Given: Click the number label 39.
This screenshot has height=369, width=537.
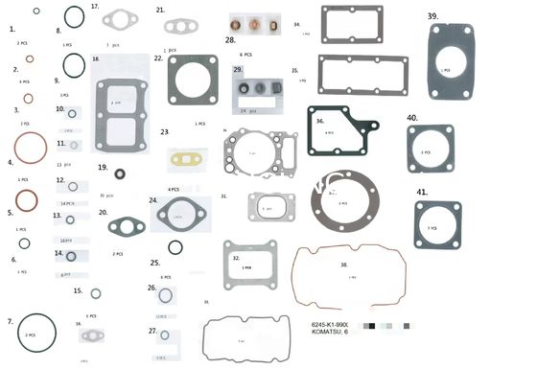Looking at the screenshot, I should coord(433,16).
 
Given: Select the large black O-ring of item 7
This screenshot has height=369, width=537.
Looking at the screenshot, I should coord(31,334).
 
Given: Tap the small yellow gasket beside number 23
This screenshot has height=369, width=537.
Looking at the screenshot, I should coord(182,155).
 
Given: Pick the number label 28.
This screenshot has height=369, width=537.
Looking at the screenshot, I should coord(230,41).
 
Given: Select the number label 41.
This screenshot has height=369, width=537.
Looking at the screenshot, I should coord(422,192).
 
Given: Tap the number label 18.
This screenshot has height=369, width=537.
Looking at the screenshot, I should coord(96,58).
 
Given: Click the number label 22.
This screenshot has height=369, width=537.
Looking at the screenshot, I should coord(158,58).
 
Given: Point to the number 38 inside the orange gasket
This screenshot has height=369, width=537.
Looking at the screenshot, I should coord(344,264).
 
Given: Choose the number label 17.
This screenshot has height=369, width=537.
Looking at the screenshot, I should coord(95,6).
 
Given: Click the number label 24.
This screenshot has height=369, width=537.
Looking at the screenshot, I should coord(153,200).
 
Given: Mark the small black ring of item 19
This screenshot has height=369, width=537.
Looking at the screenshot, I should coord(120,174).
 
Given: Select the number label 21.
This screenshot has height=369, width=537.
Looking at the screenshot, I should coord(160,10).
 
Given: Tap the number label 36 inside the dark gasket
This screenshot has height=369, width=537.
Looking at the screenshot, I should coord(320,122).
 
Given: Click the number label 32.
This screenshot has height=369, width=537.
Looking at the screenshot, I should coord(236,258).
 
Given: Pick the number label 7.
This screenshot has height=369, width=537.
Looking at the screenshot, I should coord(10,321).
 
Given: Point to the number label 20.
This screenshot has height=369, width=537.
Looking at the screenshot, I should coord(103,213).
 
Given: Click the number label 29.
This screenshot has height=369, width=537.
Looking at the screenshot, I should coord(238,70).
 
